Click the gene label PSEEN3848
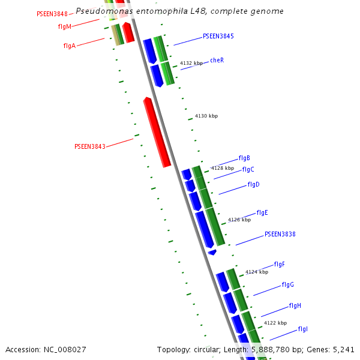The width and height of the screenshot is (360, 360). point(52,14)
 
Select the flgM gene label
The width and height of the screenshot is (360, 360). point(65,26)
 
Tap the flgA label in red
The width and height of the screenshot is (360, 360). point(69,46)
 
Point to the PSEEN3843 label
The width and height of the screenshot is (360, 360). point(89,146)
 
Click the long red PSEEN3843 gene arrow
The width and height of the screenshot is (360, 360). point(157,133)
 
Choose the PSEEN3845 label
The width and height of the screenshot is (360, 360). point(218,36)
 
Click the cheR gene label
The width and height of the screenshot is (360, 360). point(217,60)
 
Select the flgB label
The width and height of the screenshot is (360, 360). point(244,158)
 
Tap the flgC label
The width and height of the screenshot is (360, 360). point(248,169)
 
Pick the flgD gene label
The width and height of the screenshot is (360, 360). point(253,184)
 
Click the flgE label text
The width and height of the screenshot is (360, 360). point(262,212)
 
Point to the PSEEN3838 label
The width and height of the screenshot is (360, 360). point(280,234)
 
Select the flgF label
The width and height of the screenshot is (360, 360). point(279,264)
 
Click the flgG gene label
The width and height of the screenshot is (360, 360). point(287,284)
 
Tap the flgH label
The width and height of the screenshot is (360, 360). point(295,305)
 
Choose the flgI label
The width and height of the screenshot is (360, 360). point(302,329)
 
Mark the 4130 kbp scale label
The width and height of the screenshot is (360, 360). point(206,116)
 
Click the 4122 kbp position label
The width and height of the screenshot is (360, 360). point(275,323)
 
